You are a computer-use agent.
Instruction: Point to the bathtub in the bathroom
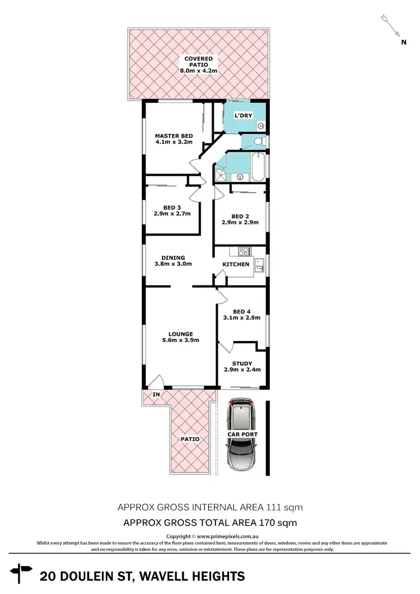click(x=258, y=167)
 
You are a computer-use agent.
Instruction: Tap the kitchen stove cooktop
click(x=245, y=251)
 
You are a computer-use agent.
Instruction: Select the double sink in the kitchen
click(x=259, y=265)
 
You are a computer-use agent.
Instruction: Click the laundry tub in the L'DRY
click(x=260, y=126)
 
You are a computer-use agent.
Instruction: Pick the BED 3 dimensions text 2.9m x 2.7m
click(x=172, y=213)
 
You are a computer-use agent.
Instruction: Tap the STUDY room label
click(x=242, y=363)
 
